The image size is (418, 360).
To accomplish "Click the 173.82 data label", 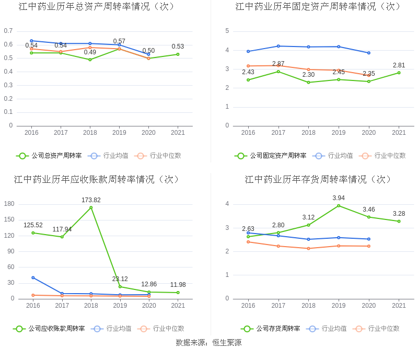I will pos(91,200).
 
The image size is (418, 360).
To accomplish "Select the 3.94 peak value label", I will pos(339,198).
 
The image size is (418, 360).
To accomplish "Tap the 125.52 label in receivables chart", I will pos(33,225).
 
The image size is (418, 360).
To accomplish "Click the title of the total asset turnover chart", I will pos(97,7).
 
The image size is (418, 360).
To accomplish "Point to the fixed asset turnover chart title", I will pos(318,7).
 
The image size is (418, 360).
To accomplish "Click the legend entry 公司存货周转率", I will pos(271,329).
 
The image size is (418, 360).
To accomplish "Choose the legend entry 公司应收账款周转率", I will pos(49,329).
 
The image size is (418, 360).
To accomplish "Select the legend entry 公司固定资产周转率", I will pos(271,156).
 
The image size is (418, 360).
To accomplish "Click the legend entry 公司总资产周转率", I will pos(49,156).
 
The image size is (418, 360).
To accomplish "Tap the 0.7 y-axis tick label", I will pos(8,31).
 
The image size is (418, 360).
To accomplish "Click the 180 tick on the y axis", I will pos(9,204).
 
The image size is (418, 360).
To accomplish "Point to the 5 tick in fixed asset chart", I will pos(227,31).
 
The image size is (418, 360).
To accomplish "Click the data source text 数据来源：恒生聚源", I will pos(208,343).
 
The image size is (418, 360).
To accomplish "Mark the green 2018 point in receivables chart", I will pos(91,207).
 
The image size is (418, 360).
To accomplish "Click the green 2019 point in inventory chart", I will pos(339,205).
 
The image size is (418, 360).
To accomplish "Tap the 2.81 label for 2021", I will pos(399,65).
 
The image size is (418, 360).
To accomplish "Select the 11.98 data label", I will pos(178,285).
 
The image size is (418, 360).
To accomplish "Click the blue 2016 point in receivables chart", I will pos(33,277).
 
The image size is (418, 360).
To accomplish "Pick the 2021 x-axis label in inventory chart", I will pos(399,306).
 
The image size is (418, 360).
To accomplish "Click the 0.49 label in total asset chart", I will pos(90,52).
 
